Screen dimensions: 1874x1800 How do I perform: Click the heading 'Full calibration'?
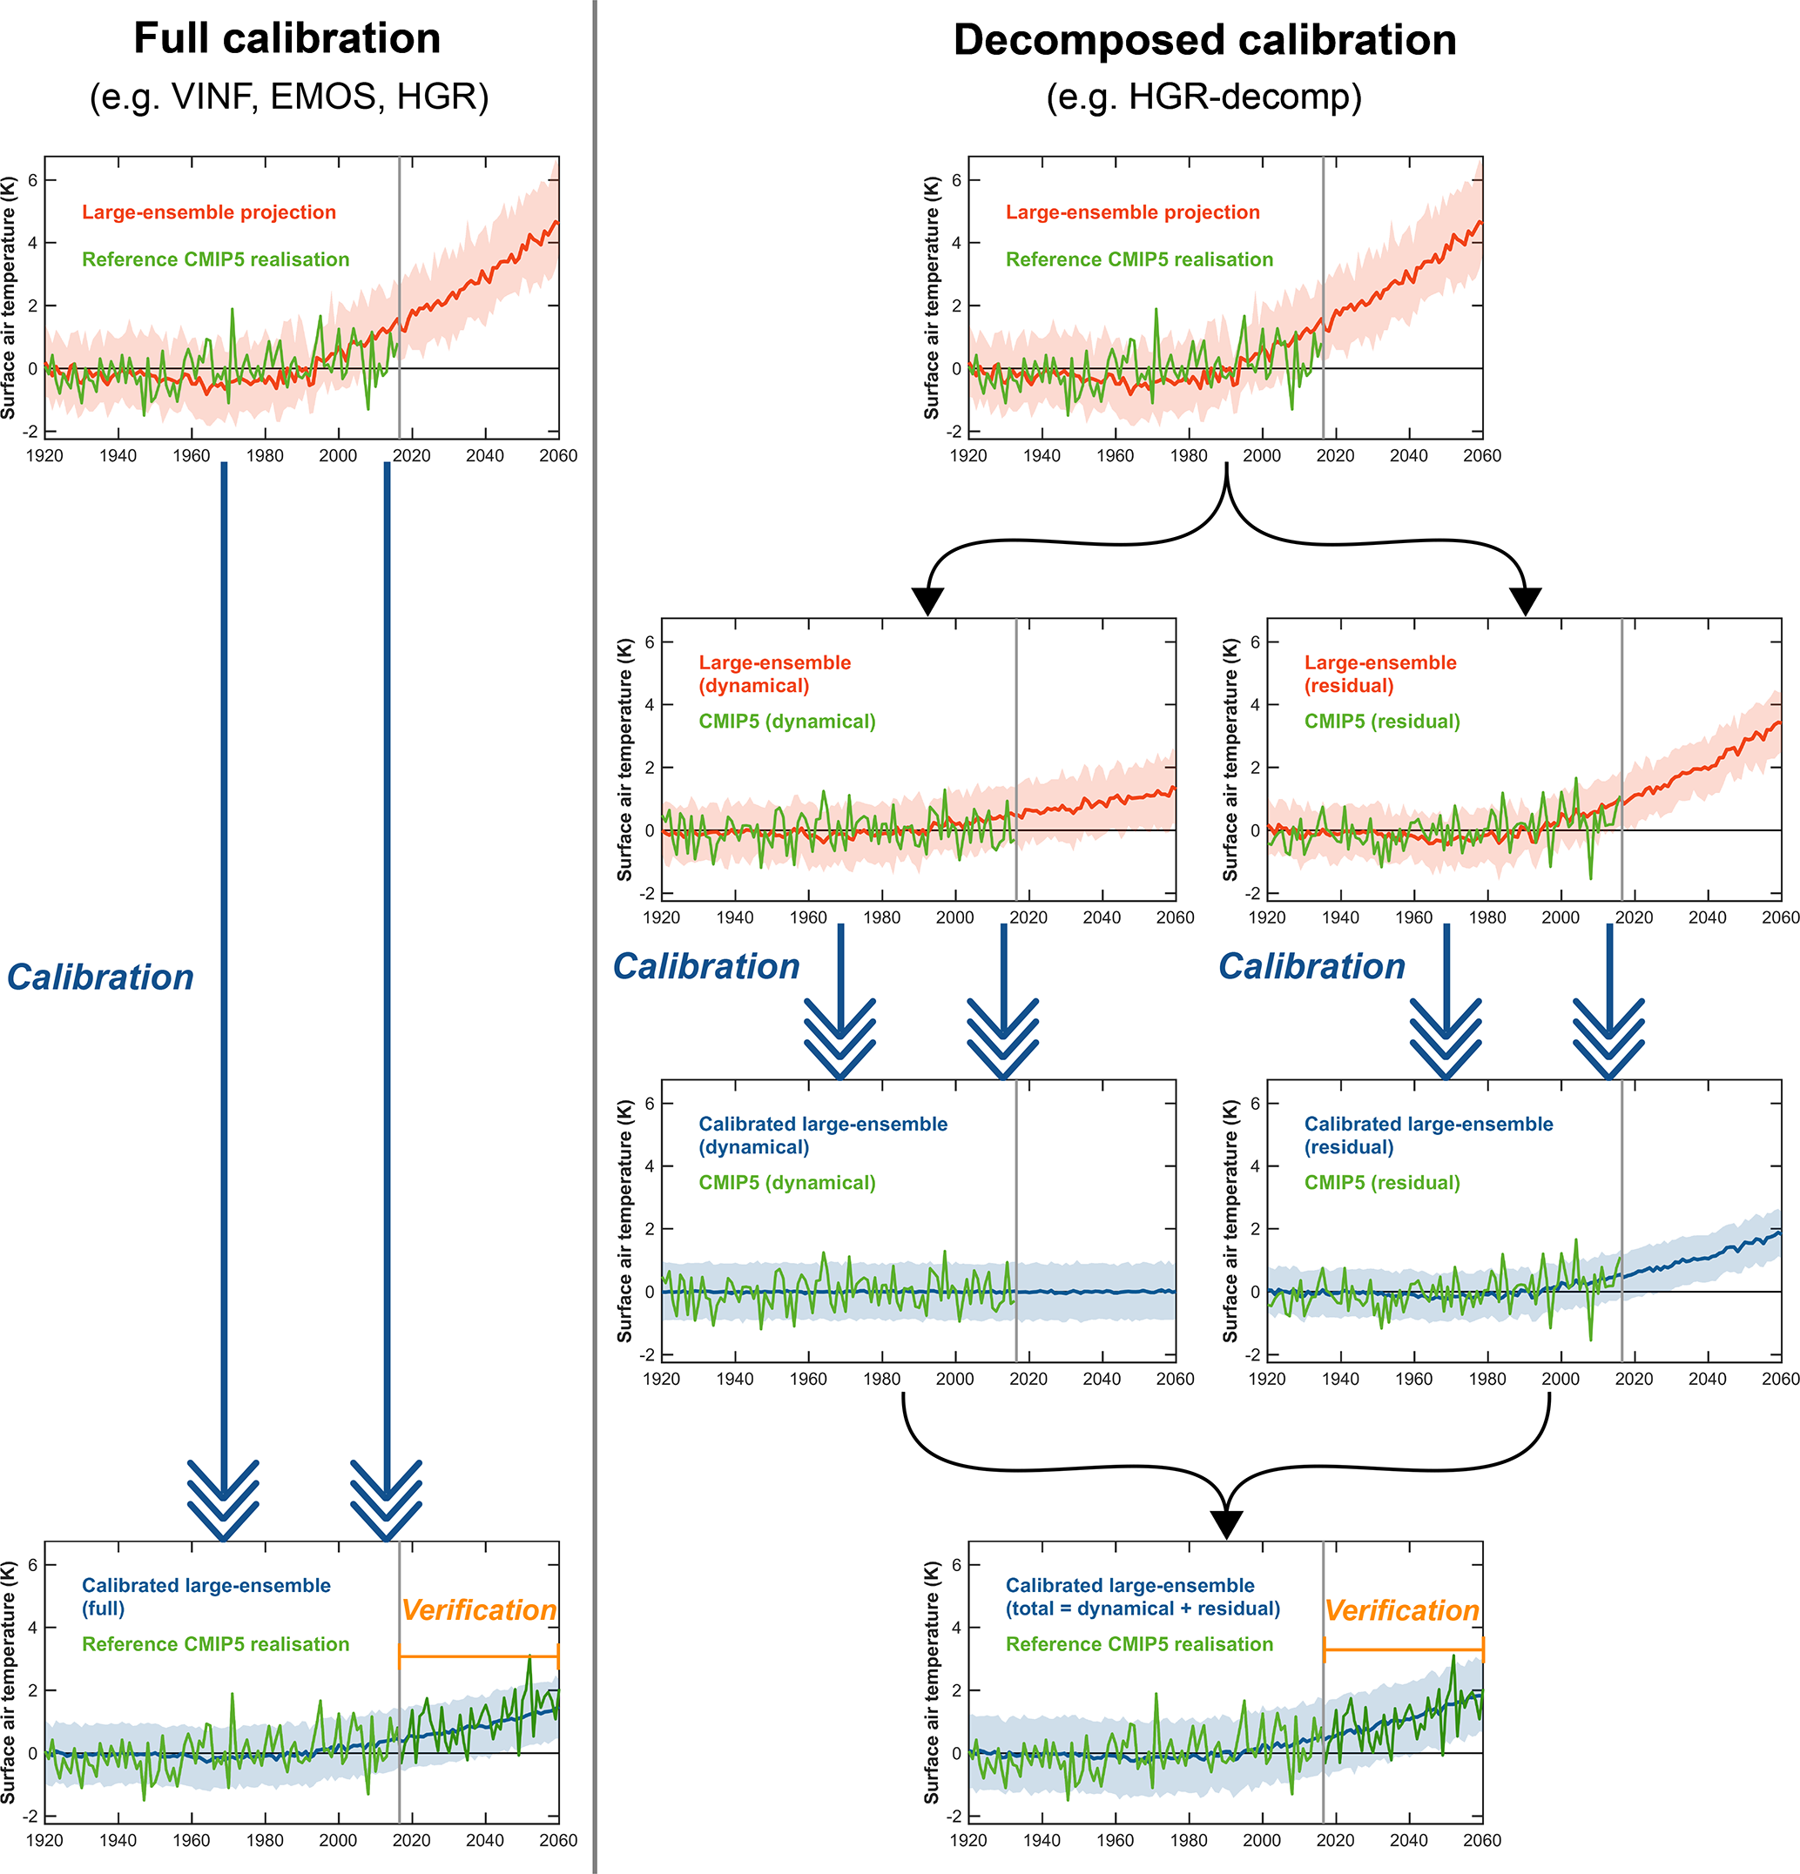point(287,39)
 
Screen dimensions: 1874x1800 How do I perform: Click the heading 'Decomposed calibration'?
point(1204,41)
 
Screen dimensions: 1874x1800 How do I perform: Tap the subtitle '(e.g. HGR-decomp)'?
point(1203,97)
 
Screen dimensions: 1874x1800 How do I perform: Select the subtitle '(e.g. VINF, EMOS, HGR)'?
point(289,97)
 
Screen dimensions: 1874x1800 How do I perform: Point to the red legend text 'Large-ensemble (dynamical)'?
point(774,674)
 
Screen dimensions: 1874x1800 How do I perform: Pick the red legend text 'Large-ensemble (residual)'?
point(1379,674)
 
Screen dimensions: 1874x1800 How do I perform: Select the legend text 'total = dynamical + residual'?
point(1142,1609)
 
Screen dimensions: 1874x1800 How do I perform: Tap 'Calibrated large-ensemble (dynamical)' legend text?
point(823,1136)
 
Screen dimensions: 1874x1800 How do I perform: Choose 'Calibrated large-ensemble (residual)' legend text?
point(1428,1136)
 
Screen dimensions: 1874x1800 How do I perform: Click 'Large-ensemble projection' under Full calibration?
point(208,212)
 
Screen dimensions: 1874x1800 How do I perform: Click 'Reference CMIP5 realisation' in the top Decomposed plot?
point(1139,260)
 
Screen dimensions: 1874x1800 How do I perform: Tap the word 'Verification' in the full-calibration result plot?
point(478,1610)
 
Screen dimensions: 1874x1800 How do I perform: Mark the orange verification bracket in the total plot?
point(1403,1650)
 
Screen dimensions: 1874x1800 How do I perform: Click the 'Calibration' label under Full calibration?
point(99,977)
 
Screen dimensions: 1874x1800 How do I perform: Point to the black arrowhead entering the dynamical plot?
point(927,601)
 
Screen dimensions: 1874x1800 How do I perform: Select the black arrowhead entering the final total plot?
point(1226,1524)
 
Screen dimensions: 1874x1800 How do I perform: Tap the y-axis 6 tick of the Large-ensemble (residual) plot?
point(1255,641)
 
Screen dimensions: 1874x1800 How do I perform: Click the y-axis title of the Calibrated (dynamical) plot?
point(625,1221)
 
